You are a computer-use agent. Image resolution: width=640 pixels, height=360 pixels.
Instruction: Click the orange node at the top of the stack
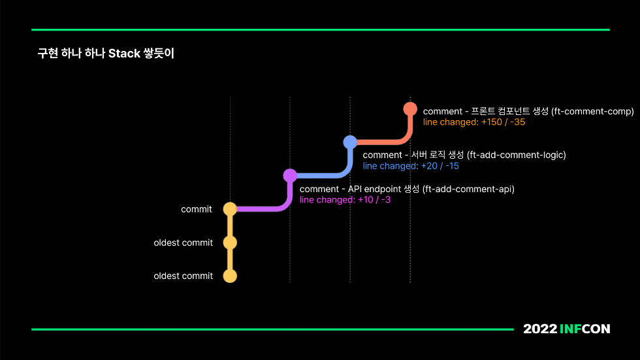(x=410, y=108)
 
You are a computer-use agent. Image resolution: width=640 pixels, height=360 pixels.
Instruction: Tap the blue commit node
(x=350, y=142)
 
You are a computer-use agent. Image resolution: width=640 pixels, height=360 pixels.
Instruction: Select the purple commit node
(x=290, y=175)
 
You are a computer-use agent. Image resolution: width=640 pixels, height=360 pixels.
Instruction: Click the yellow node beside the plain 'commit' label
(x=230, y=209)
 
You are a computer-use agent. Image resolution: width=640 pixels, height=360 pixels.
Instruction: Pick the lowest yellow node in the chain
(x=230, y=276)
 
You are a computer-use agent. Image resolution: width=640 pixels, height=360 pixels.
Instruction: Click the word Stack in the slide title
(x=123, y=54)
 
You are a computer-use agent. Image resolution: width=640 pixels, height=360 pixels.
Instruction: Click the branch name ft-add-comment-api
(x=468, y=189)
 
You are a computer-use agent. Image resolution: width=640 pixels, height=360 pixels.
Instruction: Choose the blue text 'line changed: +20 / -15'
(x=411, y=166)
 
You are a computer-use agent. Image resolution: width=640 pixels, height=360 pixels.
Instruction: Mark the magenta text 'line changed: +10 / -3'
(x=345, y=200)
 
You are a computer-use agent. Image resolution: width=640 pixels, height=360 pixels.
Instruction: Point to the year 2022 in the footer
(x=539, y=329)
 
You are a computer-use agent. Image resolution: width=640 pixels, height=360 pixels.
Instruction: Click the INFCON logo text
(x=584, y=329)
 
